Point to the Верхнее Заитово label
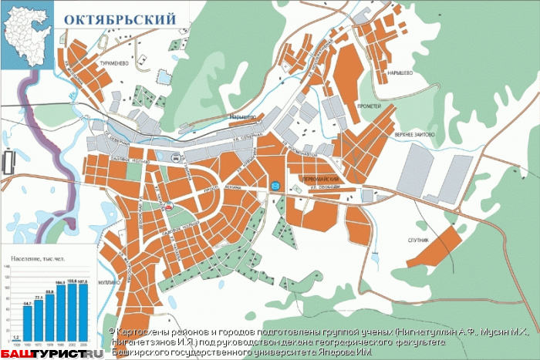click(413, 134)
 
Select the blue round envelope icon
click(275, 184)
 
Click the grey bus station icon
click(177, 160)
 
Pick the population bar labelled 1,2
click(15, 339)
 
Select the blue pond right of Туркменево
click(164, 76)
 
